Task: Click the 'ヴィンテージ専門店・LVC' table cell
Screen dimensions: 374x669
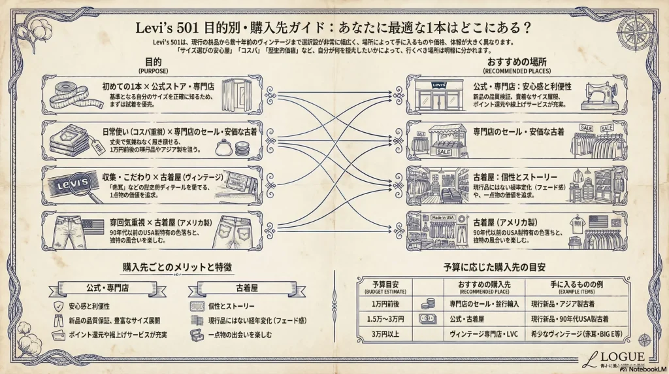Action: [484, 335]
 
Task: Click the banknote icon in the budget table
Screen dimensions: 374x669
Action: [428, 320]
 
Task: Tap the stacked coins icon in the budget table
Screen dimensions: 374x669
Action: [428, 303]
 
